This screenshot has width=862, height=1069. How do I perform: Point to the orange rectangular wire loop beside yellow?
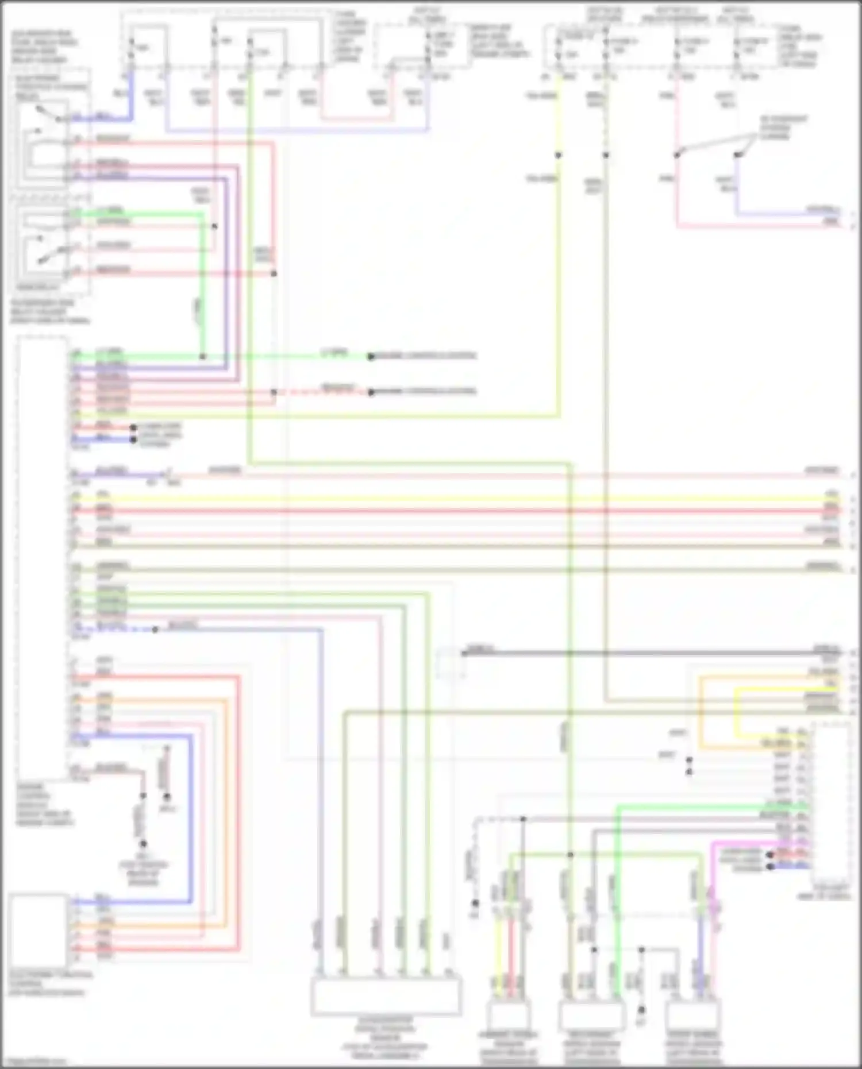pyautogui.click(x=701, y=712)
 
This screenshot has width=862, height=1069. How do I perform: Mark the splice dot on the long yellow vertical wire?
pyautogui.click(x=558, y=155)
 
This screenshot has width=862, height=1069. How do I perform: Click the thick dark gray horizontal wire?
pyautogui.click(x=632, y=653)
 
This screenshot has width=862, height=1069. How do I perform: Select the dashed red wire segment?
pyautogui.click(x=322, y=393)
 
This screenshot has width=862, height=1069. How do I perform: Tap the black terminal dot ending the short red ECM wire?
pyautogui.click(x=133, y=428)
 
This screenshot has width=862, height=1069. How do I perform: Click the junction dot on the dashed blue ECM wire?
pyautogui.click(x=155, y=630)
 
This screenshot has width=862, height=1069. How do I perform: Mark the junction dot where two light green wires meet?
pyautogui.click(x=202, y=357)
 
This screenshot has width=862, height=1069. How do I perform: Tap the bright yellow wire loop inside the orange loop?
pyautogui.click(x=738, y=712)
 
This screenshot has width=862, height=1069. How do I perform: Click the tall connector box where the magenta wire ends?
pyautogui.click(x=830, y=804)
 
